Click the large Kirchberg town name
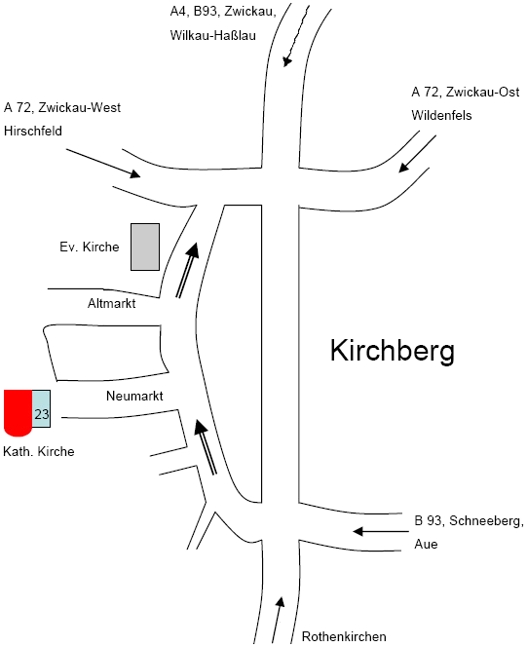[x=393, y=351]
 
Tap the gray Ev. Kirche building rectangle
[x=145, y=247]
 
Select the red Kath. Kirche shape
[x=19, y=412]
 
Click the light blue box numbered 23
[x=41, y=408]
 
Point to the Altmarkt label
[x=111, y=303]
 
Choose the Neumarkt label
[x=134, y=396]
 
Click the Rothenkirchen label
[x=344, y=636]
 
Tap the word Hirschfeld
[x=33, y=131]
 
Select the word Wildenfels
[x=441, y=115]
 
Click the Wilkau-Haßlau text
[x=212, y=35]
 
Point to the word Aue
[x=426, y=544]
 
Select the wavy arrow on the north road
[x=297, y=35]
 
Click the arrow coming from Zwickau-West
[x=103, y=164]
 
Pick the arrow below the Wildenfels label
[x=417, y=154]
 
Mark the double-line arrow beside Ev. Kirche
[x=188, y=270]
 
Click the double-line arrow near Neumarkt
[x=206, y=447]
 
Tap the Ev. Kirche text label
[x=89, y=247]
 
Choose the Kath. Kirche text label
[x=39, y=451]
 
